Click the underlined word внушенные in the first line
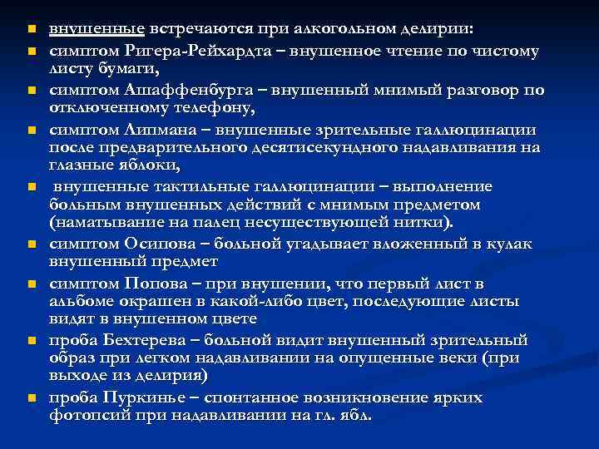coord(97,29)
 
